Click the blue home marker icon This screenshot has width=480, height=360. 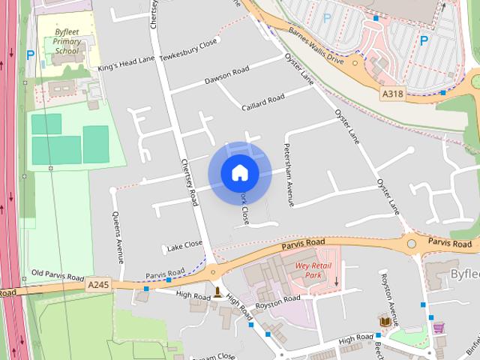(x=240, y=172)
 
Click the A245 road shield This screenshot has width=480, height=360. (x=98, y=285)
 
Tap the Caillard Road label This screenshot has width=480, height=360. (x=262, y=99)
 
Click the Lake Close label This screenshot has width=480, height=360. (x=184, y=244)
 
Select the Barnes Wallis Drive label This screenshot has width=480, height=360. (x=316, y=47)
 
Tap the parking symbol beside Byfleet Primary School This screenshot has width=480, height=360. (x=30, y=54)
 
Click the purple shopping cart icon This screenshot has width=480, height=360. (x=438, y=327)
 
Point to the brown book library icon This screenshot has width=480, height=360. (x=385, y=321)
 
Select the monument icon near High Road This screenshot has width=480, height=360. (x=217, y=291)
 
